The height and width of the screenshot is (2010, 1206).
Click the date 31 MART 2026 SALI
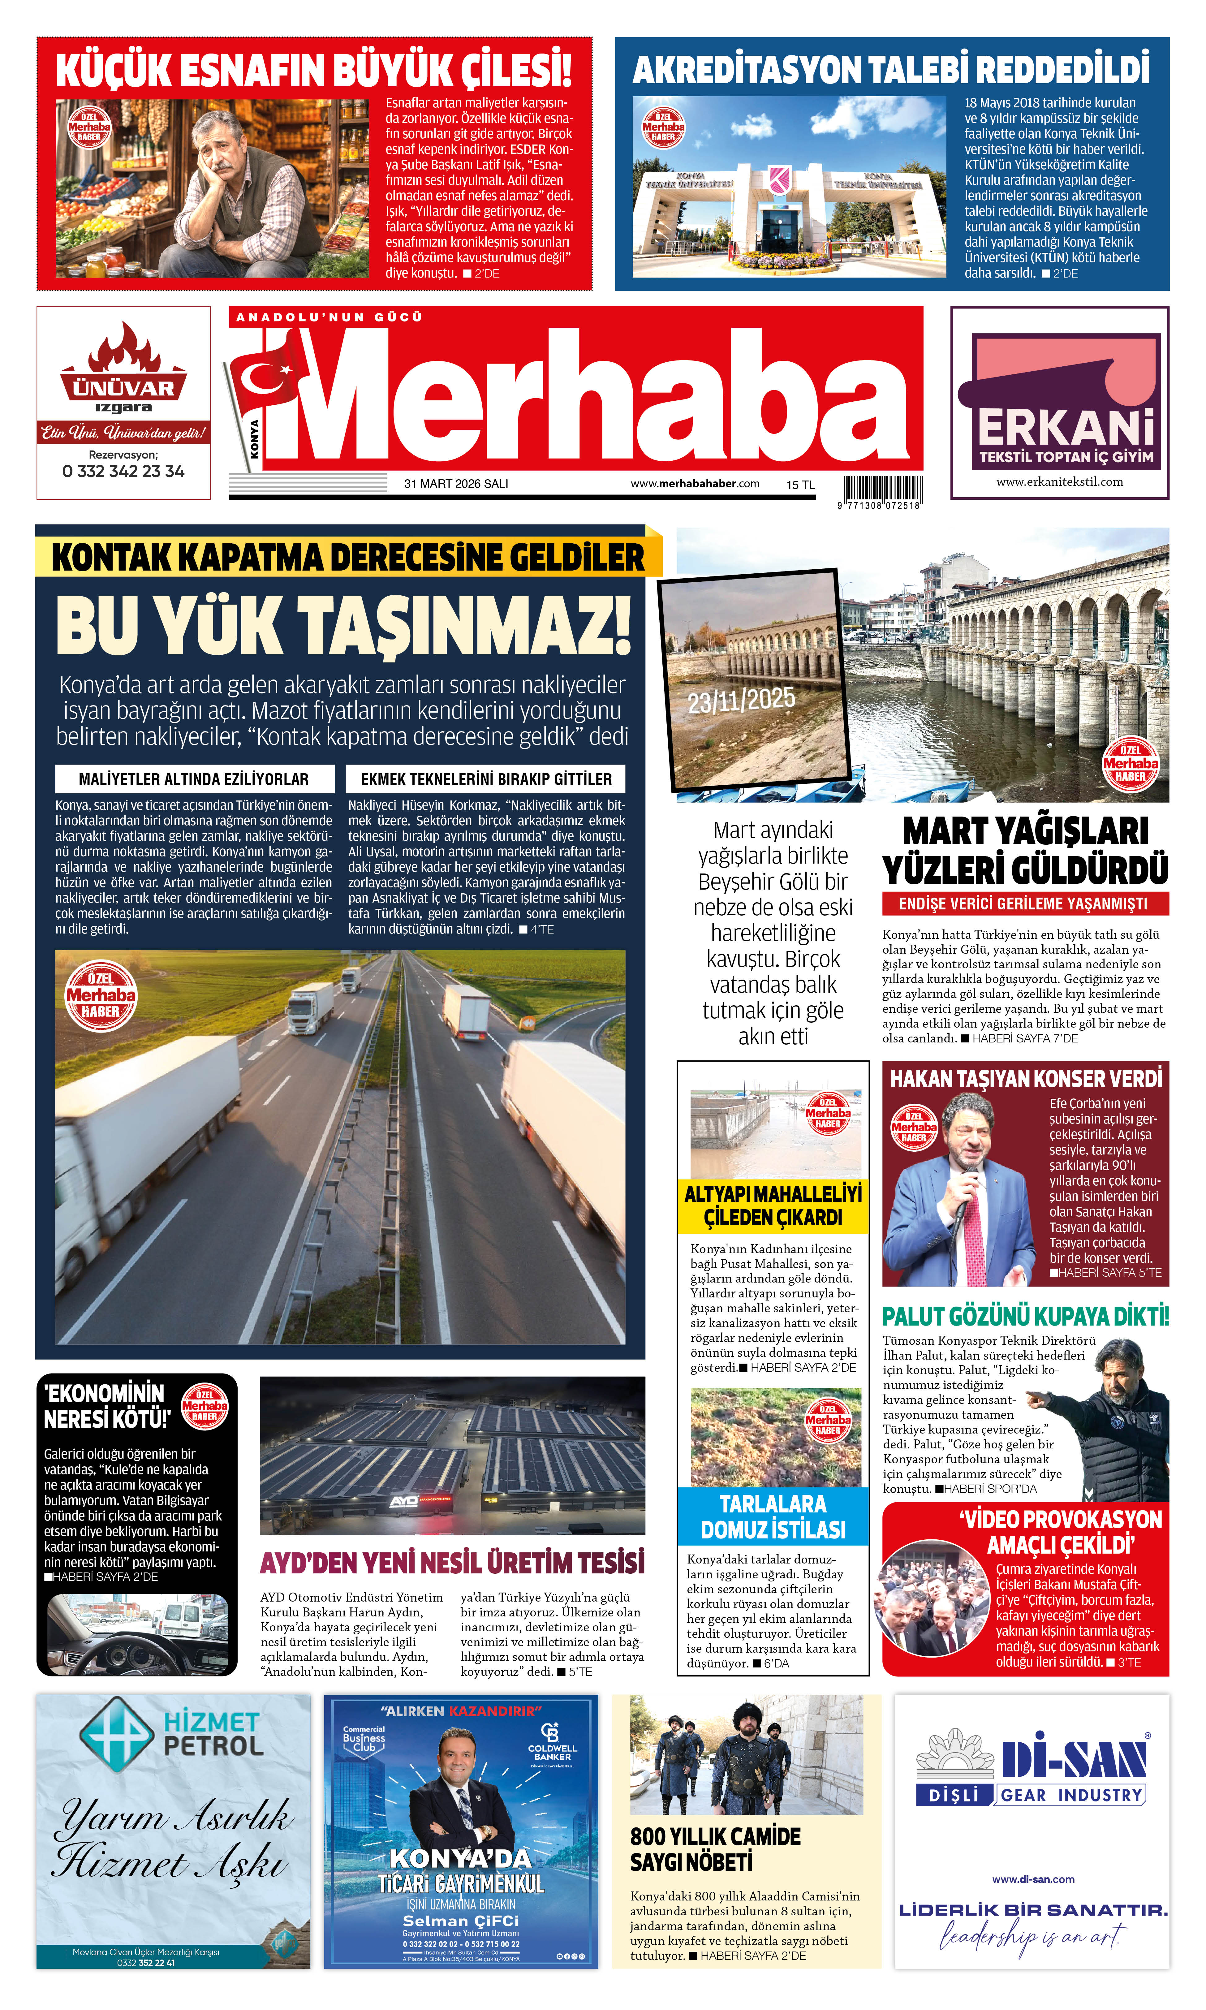[456, 484]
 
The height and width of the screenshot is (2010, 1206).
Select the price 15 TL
[800, 485]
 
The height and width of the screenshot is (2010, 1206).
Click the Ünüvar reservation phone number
[123, 471]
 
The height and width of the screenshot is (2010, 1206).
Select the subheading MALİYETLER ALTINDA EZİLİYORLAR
[194, 779]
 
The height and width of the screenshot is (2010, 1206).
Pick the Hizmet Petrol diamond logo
[115, 1732]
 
